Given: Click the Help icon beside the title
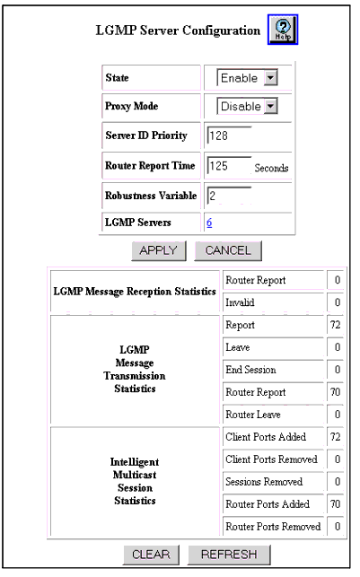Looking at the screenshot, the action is (283, 30).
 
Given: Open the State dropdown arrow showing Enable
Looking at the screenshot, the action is (270, 78).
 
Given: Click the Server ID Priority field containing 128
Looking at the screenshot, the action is (229, 136).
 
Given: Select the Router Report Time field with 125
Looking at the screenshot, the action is (229, 166).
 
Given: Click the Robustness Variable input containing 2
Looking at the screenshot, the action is (229, 196).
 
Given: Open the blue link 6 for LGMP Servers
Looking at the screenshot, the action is (209, 223).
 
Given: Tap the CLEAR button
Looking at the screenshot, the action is (151, 555).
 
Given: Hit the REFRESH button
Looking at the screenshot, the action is (229, 555).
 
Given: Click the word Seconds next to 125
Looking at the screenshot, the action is (271, 168).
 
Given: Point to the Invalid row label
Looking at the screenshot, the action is (240, 302).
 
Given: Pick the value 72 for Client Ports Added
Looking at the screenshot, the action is (335, 437).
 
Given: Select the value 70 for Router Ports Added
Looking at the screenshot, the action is (335, 504).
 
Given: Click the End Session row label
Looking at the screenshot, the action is (250, 370).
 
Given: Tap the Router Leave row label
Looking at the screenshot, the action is (253, 415).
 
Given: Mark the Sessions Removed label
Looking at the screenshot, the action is (264, 482).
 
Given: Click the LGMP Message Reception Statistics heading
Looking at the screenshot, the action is (135, 292).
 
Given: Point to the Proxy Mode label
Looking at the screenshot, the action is (131, 107).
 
